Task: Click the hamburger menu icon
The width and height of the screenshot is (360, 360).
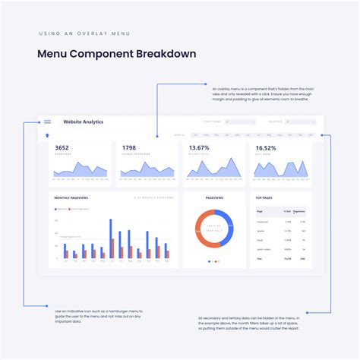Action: click(x=48, y=122)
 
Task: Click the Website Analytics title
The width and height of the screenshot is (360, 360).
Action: click(x=84, y=122)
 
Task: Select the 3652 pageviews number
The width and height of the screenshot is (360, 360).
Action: click(x=62, y=148)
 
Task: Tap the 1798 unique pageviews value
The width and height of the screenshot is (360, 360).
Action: click(x=129, y=148)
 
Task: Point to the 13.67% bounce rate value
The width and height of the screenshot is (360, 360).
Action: click(x=199, y=148)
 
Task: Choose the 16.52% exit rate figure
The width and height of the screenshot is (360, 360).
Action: click(x=266, y=148)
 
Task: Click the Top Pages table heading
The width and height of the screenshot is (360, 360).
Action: click(x=264, y=197)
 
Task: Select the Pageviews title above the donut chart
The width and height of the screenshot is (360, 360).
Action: click(x=214, y=197)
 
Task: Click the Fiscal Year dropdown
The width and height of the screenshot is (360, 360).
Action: click(x=241, y=122)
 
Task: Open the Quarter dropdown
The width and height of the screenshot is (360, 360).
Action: click(x=302, y=122)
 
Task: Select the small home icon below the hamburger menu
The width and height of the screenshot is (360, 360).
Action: click(x=47, y=136)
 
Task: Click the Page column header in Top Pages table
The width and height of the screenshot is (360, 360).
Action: click(x=260, y=211)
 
